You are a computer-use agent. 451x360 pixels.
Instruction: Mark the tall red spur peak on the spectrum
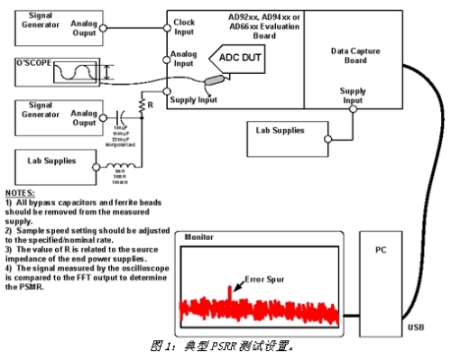pos(229,291)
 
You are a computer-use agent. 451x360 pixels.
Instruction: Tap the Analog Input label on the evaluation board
pos(184,60)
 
